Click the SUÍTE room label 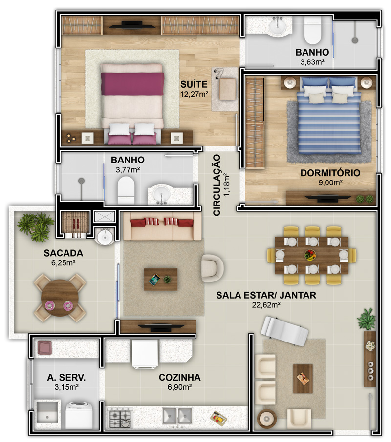pos(194,84)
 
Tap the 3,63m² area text pos(312,62)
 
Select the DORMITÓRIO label pos(330,173)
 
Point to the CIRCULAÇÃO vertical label pos(217,185)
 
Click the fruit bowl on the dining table pos(310,255)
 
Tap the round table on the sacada pos(60,298)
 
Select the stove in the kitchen pos(120,418)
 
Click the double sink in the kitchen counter pos(177,416)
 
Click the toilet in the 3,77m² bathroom pos(126,189)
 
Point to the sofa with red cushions pos(162,226)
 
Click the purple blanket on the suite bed pos(132,84)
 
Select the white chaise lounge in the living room pos(284,331)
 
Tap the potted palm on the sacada pos(36,227)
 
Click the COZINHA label pos(179,377)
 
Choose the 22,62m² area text pos(266,305)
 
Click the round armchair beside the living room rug pos(212,268)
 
